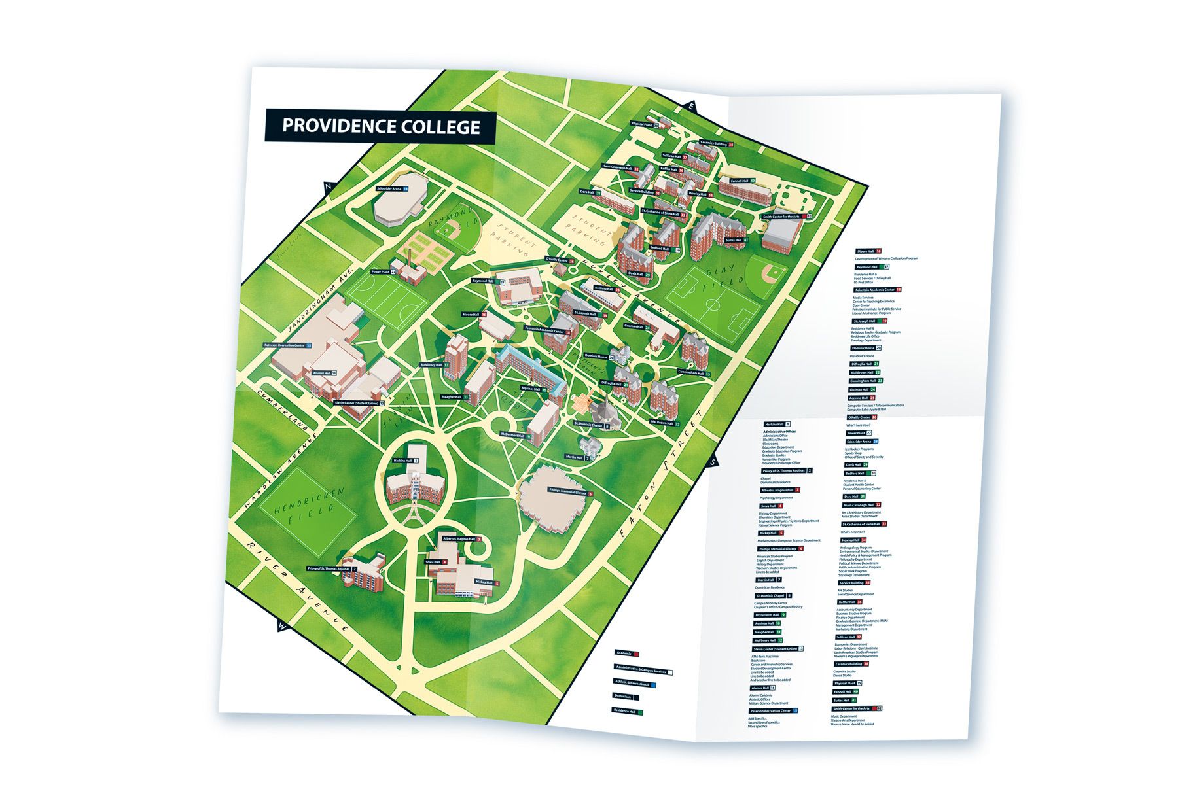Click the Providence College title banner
pyautogui.click(x=380, y=126)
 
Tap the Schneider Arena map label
pyautogui.click(x=392, y=188)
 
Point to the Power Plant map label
pyautogui.click(x=384, y=271)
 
